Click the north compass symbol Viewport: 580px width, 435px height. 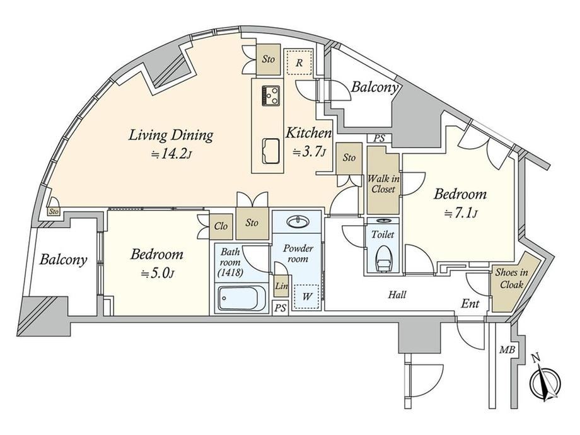click(x=545, y=381)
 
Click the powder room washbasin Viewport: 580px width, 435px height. click(x=298, y=222)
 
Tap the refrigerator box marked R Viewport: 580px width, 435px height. click(x=298, y=62)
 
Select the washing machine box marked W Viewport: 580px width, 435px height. click(x=306, y=297)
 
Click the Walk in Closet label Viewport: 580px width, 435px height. click(x=383, y=184)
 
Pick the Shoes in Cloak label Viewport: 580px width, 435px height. click(x=511, y=278)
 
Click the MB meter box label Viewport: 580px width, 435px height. click(x=507, y=349)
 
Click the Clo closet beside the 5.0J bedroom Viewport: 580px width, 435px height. click(x=221, y=226)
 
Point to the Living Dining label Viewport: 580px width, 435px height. click(x=170, y=136)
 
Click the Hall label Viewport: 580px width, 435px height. click(x=397, y=295)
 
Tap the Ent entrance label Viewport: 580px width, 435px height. click(x=470, y=304)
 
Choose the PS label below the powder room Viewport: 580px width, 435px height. click(x=281, y=308)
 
